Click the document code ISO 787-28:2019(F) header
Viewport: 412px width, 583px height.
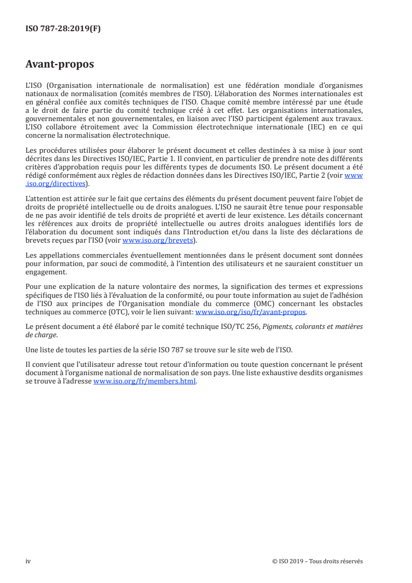tap(63, 29)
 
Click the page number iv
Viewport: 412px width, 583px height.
tap(28, 561)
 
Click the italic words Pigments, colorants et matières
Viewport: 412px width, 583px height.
tap(324, 326)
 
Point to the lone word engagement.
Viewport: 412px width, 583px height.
tap(46, 271)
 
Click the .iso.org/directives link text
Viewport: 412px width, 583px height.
tap(56, 183)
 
